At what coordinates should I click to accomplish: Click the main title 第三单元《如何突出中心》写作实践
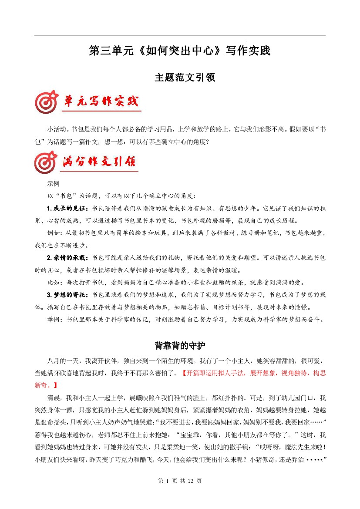coord(180,51)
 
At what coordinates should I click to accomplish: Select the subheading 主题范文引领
coord(180,78)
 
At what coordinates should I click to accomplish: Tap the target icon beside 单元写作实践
coord(46,103)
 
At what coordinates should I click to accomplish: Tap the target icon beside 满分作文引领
coord(46,162)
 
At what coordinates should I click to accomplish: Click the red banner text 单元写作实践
coord(101,102)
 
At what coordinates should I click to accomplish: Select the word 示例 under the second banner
coord(53,184)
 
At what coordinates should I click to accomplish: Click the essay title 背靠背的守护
coord(180,345)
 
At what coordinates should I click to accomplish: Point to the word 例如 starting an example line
coord(54,233)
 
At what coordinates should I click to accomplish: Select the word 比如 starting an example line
coord(54,283)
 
